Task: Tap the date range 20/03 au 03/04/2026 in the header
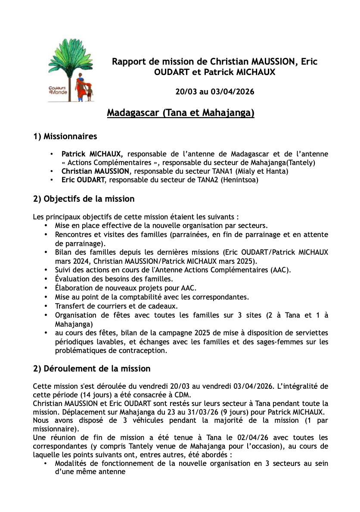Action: [214, 92]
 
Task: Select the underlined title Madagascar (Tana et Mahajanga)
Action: [180, 113]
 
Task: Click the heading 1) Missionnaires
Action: [65, 137]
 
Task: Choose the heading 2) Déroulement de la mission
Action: [92, 369]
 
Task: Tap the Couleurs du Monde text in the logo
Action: [55, 90]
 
